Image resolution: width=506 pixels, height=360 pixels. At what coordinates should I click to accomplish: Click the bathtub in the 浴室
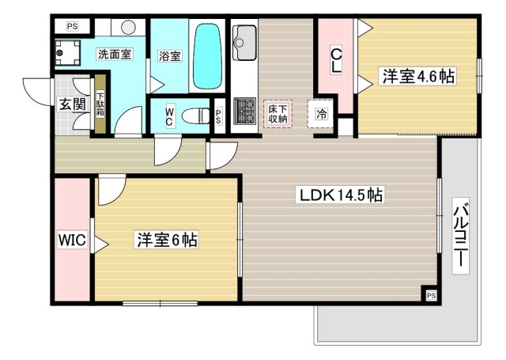(x=208, y=56)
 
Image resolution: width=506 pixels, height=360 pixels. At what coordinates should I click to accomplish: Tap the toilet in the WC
(x=195, y=116)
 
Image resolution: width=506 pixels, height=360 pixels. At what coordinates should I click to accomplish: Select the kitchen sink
(x=245, y=42)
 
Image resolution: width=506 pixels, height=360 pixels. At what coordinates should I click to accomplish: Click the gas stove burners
(x=245, y=111)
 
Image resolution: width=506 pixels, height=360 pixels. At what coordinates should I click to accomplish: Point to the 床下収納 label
(x=278, y=114)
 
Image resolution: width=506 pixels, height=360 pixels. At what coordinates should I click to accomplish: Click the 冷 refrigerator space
(x=321, y=114)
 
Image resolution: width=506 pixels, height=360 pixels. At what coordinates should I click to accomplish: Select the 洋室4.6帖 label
(x=418, y=77)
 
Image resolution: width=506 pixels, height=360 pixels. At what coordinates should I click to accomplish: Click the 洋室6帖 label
(x=167, y=240)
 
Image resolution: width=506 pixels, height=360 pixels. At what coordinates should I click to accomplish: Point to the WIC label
(x=72, y=240)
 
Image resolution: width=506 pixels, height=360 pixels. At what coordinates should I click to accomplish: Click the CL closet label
(x=335, y=60)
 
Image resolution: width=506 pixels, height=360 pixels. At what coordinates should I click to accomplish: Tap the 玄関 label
(x=73, y=104)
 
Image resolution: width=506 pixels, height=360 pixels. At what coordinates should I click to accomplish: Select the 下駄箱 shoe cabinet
(x=100, y=104)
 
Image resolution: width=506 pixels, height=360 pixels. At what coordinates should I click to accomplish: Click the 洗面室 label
(x=115, y=55)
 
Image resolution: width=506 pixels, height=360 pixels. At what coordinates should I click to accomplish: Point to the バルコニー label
(x=460, y=236)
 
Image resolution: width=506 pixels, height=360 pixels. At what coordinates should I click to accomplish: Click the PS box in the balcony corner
(x=431, y=295)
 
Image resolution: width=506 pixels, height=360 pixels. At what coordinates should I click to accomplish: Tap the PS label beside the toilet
(x=218, y=116)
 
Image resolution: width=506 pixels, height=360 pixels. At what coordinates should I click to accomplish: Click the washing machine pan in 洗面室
(x=67, y=53)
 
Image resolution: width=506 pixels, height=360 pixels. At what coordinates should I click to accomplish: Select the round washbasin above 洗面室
(x=128, y=28)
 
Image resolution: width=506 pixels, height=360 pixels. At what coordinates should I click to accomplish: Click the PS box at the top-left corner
(x=72, y=26)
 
